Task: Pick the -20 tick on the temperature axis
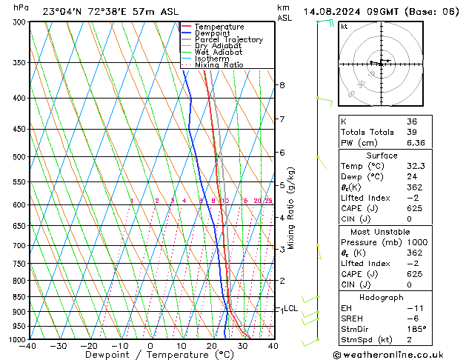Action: pyautogui.click(x=88, y=346)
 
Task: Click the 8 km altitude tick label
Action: pyautogui.click(x=282, y=85)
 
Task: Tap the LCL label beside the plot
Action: pyautogui.click(x=291, y=308)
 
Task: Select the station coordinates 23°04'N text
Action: pyautogui.click(x=62, y=11)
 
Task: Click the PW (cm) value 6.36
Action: pyautogui.click(x=416, y=143)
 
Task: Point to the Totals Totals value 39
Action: pyautogui.click(x=412, y=132)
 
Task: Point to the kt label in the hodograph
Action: pyautogui.click(x=344, y=26)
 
